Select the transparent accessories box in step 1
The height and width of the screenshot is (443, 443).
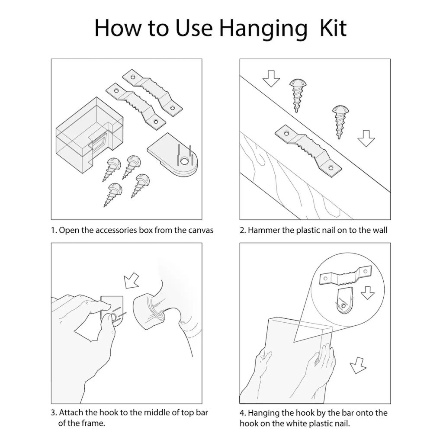tap(89, 135)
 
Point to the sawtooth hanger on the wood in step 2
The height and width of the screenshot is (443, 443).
tap(308, 151)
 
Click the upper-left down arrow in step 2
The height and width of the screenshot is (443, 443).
tap(271, 78)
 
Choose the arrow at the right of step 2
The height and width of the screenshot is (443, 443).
tap(366, 138)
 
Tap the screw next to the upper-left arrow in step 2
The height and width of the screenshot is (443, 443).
tap(298, 95)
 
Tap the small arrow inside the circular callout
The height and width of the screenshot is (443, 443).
tap(368, 293)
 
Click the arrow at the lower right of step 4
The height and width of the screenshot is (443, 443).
tap(358, 365)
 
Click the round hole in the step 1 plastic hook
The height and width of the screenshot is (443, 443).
tap(184, 162)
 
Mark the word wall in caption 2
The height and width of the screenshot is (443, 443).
tap(380, 230)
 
